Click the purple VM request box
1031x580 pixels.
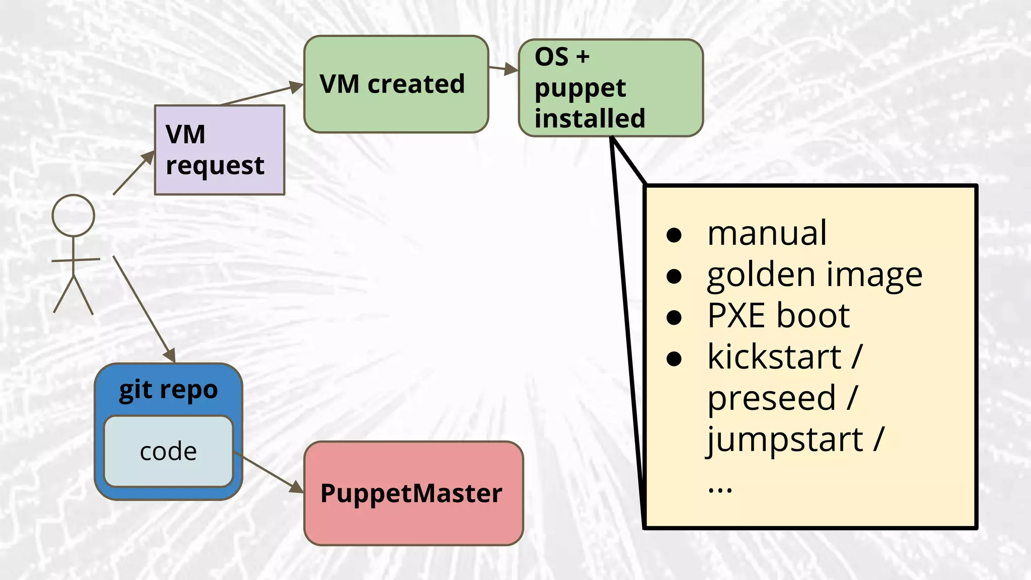pos(219,150)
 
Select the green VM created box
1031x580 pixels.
pos(396,84)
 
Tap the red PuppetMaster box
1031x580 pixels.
pos(413,493)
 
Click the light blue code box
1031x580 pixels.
pos(168,452)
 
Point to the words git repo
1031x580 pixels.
pos(168,390)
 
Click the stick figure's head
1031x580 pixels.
pos(73,215)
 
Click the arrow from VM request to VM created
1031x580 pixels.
pos(262,95)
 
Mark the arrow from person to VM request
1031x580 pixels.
pos(133,173)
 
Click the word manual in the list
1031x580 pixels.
pos(767,234)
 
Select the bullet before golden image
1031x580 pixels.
pos(674,276)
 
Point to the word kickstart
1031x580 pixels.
pos(774,357)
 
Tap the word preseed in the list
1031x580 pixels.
pos(771,398)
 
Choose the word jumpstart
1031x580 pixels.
pos(785,440)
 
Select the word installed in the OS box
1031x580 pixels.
pos(590,119)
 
